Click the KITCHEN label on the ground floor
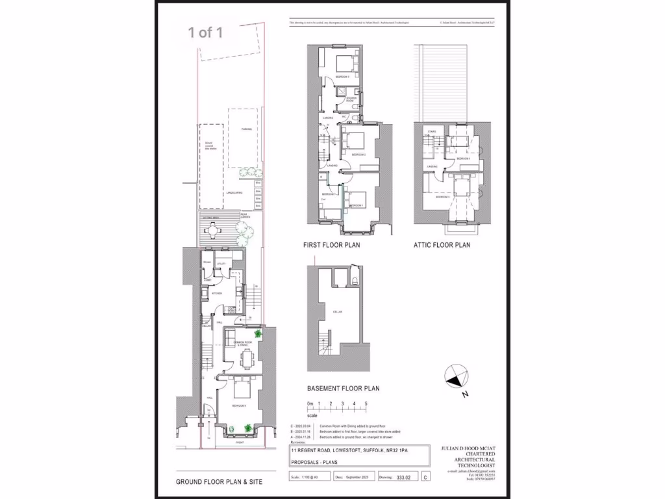(216, 294)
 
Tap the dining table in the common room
(246, 357)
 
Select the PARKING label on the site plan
(246, 129)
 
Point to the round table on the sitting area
(214, 229)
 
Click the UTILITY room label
(220, 263)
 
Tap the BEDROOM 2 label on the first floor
(359, 155)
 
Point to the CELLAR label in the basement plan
(338, 313)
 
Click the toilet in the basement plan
(356, 281)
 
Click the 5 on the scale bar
(366, 404)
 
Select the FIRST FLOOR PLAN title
(331, 246)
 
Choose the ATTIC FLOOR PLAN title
(442, 246)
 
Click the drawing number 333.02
(405, 477)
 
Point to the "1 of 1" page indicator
(205, 32)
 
